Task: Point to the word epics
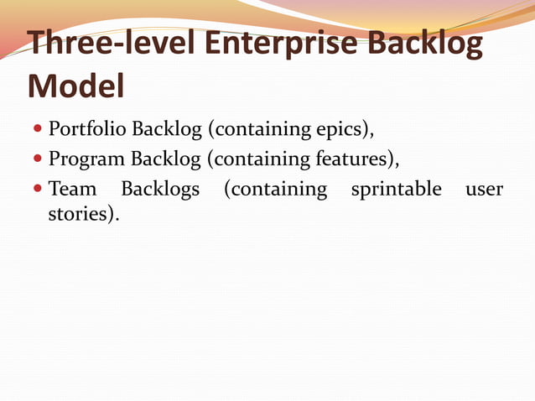344,130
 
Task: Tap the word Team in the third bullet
73,188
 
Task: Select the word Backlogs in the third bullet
160,188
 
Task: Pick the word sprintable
396,188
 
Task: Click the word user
484,188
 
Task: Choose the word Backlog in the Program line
165,159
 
